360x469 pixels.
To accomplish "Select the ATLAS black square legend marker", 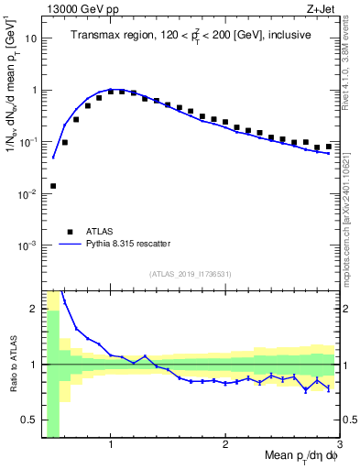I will tap(70, 232).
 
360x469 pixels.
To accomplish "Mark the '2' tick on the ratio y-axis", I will tap(34, 309).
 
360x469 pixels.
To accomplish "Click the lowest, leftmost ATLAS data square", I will tap(53, 186).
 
